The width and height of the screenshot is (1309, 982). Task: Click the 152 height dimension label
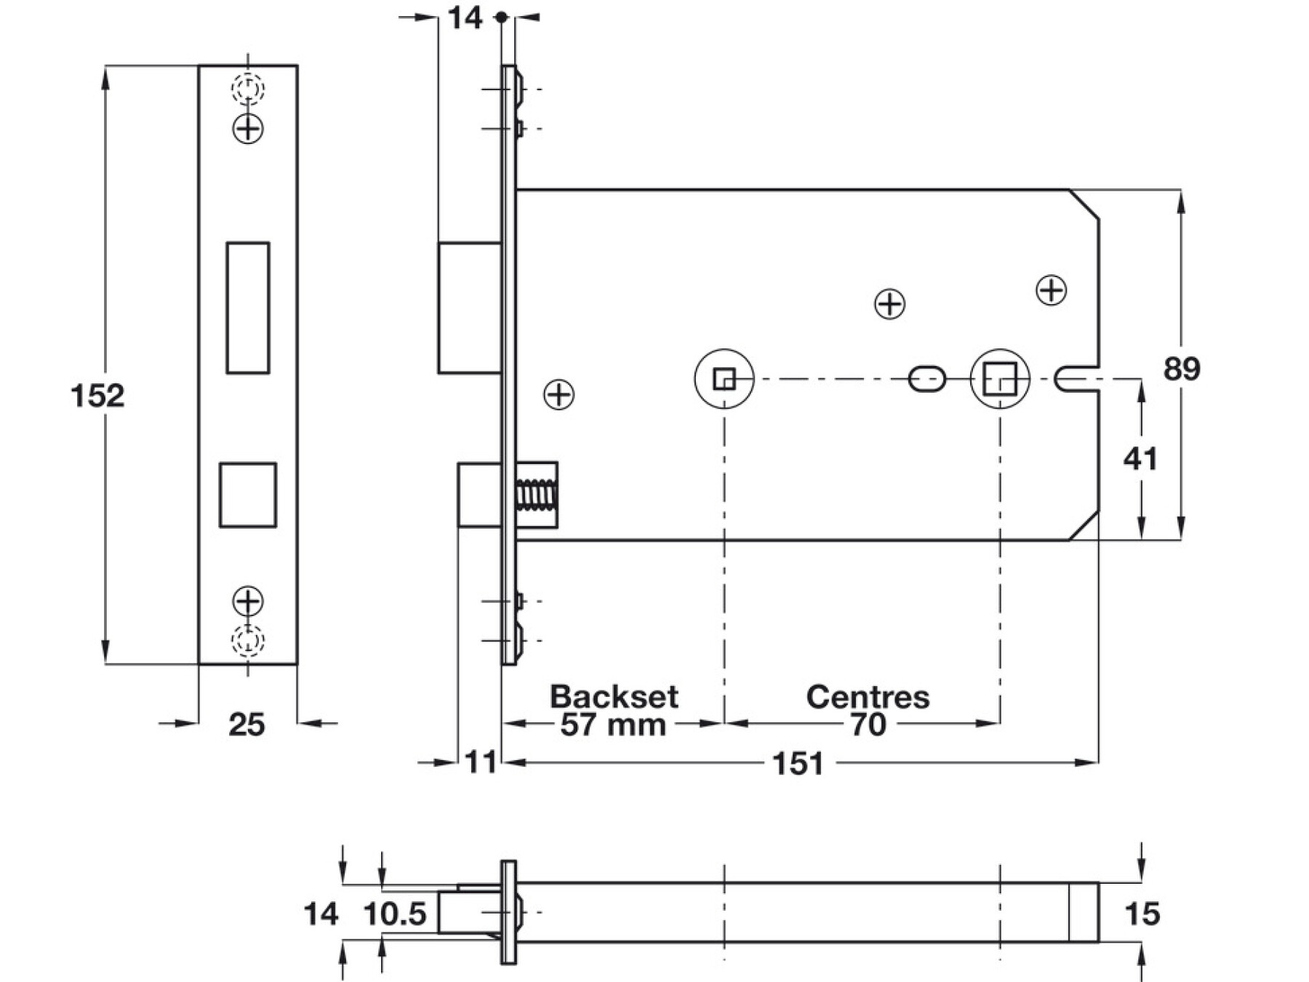[97, 396]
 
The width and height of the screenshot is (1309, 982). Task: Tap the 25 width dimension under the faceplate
[247, 724]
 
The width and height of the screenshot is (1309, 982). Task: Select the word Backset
[614, 697]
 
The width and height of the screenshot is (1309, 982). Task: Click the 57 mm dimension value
[613, 724]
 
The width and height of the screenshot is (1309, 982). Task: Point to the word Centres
[868, 697]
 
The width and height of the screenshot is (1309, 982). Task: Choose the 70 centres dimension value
[868, 724]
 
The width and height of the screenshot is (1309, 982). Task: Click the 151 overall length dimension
[798, 764]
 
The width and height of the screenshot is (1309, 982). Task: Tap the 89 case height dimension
[1181, 370]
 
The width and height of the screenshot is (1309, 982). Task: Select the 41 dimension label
[1140, 459]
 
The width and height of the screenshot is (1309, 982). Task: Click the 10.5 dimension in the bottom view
[395, 914]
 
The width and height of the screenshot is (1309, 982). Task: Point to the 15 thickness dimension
[1142, 914]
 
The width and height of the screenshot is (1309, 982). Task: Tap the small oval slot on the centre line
[927, 379]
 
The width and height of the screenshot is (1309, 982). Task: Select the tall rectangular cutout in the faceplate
[248, 308]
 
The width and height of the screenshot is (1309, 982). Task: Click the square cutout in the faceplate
[248, 495]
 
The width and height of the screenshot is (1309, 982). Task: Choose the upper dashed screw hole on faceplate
[248, 89]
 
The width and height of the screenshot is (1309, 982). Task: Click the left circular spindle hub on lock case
[724, 379]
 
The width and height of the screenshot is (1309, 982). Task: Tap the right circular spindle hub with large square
[1000, 379]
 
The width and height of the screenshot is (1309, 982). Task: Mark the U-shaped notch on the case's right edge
[1075, 379]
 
